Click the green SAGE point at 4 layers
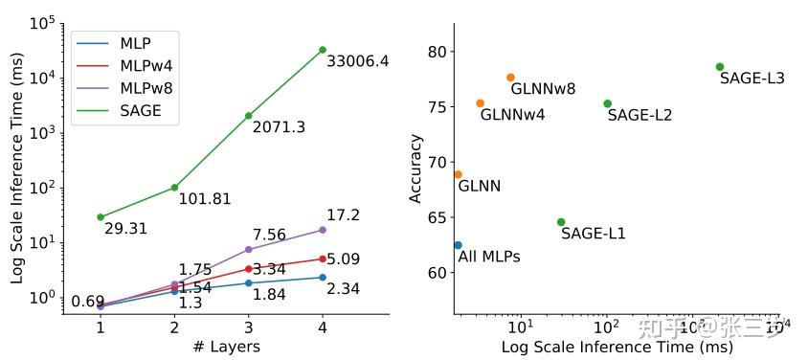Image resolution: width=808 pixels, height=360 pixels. coord(323,50)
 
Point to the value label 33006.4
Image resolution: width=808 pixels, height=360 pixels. coord(358,61)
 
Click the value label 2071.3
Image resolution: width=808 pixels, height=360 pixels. coord(279,127)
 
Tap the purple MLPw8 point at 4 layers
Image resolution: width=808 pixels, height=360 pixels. coord(323,230)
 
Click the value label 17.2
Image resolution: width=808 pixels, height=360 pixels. coord(344,216)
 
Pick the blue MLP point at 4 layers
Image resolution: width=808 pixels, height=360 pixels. coord(323,278)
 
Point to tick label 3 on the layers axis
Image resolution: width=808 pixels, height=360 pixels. coord(249,326)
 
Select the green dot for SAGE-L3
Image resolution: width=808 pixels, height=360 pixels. coord(720,67)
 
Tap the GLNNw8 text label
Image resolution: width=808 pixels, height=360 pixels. coord(543,89)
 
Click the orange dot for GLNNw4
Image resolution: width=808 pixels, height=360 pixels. coord(481,103)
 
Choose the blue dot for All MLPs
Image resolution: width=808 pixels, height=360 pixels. coord(458,246)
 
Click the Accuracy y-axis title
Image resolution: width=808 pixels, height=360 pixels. coord(415,168)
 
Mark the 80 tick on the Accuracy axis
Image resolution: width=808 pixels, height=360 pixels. coord(437,52)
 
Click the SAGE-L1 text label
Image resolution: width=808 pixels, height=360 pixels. coord(593,234)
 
